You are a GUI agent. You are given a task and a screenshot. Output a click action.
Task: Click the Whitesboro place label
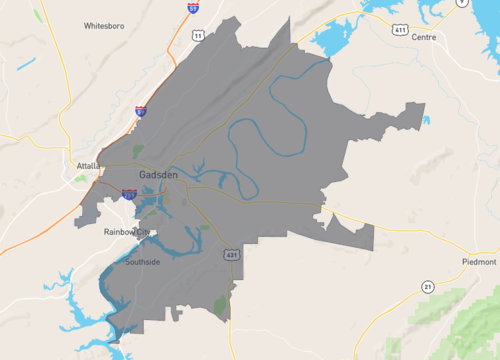click(104, 25)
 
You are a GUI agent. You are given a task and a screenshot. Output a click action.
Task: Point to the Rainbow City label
click(126, 232)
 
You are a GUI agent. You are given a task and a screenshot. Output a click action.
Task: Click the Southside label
click(142, 261)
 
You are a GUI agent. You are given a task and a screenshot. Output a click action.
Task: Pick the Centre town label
click(424, 37)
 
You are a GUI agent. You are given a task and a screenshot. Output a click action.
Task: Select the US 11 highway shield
click(199, 36)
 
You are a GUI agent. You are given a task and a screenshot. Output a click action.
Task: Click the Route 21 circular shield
click(427, 287)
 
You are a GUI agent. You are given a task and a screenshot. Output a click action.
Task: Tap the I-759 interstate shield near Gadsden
click(129, 195)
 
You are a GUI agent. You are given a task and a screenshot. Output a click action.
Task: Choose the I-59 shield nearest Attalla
click(140, 112)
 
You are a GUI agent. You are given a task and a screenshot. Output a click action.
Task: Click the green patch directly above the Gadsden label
click(138, 152)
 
